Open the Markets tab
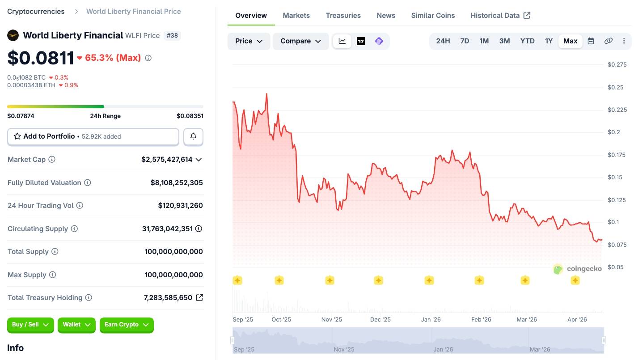(x=296, y=15)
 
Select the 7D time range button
(x=465, y=41)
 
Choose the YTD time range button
(x=527, y=41)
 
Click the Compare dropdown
(x=300, y=41)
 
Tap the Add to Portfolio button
(x=93, y=136)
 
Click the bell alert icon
(x=193, y=136)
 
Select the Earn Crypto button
(x=127, y=325)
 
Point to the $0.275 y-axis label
(x=617, y=64)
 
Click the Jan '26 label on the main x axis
(x=431, y=319)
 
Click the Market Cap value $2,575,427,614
(x=167, y=160)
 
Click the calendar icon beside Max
(x=591, y=41)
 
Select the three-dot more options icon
(x=624, y=41)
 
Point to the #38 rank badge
(x=172, y=35)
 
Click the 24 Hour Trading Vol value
(x=180, y=206)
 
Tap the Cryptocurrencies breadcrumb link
(x=36, y=11)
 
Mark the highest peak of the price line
(x=266, y=94)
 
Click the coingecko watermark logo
(x=578, y=269)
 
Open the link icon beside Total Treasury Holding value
(x=199, y=297)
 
